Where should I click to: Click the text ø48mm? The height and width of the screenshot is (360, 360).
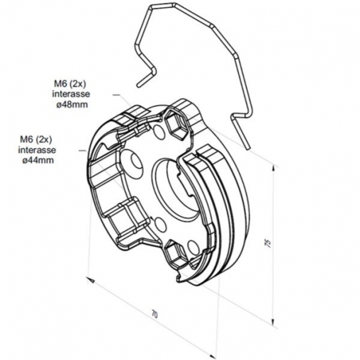[x=72, y=104]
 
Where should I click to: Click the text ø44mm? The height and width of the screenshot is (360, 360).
[x=38, y=160]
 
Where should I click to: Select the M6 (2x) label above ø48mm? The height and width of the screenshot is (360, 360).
[x=70, y=84]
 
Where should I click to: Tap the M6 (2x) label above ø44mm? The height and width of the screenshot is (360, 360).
[x=36, y=140]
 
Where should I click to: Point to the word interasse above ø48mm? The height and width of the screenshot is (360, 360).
[x=71, y=94]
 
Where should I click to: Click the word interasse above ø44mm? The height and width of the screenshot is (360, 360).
[x=37, y=150]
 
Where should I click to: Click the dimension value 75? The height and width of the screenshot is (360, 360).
[x=268, y=243]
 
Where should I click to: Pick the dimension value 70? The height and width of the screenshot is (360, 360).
[x=154, y=315]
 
